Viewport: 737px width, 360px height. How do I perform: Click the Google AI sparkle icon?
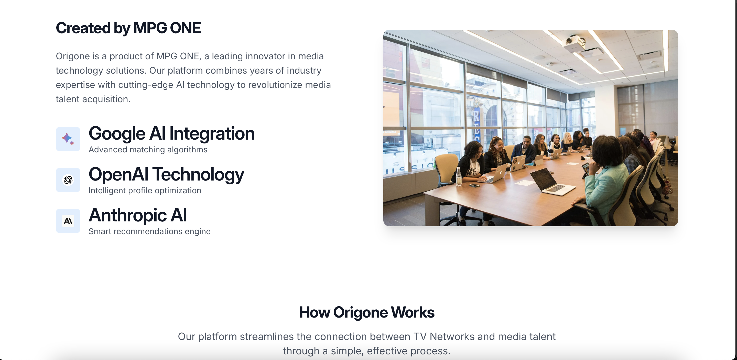68,139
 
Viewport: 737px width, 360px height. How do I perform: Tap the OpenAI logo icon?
68,180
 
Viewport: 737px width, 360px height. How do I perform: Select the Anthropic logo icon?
68,221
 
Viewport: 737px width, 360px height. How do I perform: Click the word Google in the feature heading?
117,134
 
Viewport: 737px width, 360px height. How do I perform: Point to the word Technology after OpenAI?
198,175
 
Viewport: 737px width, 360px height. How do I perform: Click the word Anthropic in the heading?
128,215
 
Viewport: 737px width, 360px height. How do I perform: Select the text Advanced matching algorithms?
148,150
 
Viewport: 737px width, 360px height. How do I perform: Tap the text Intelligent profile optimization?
145,190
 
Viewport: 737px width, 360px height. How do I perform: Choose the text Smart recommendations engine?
149,231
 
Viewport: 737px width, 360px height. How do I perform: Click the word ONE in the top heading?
185,28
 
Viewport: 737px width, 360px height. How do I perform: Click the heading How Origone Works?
366,312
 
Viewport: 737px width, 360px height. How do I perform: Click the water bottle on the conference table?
459,176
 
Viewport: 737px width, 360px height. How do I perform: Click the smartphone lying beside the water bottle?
474,185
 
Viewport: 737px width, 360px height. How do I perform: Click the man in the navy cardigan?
524,150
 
